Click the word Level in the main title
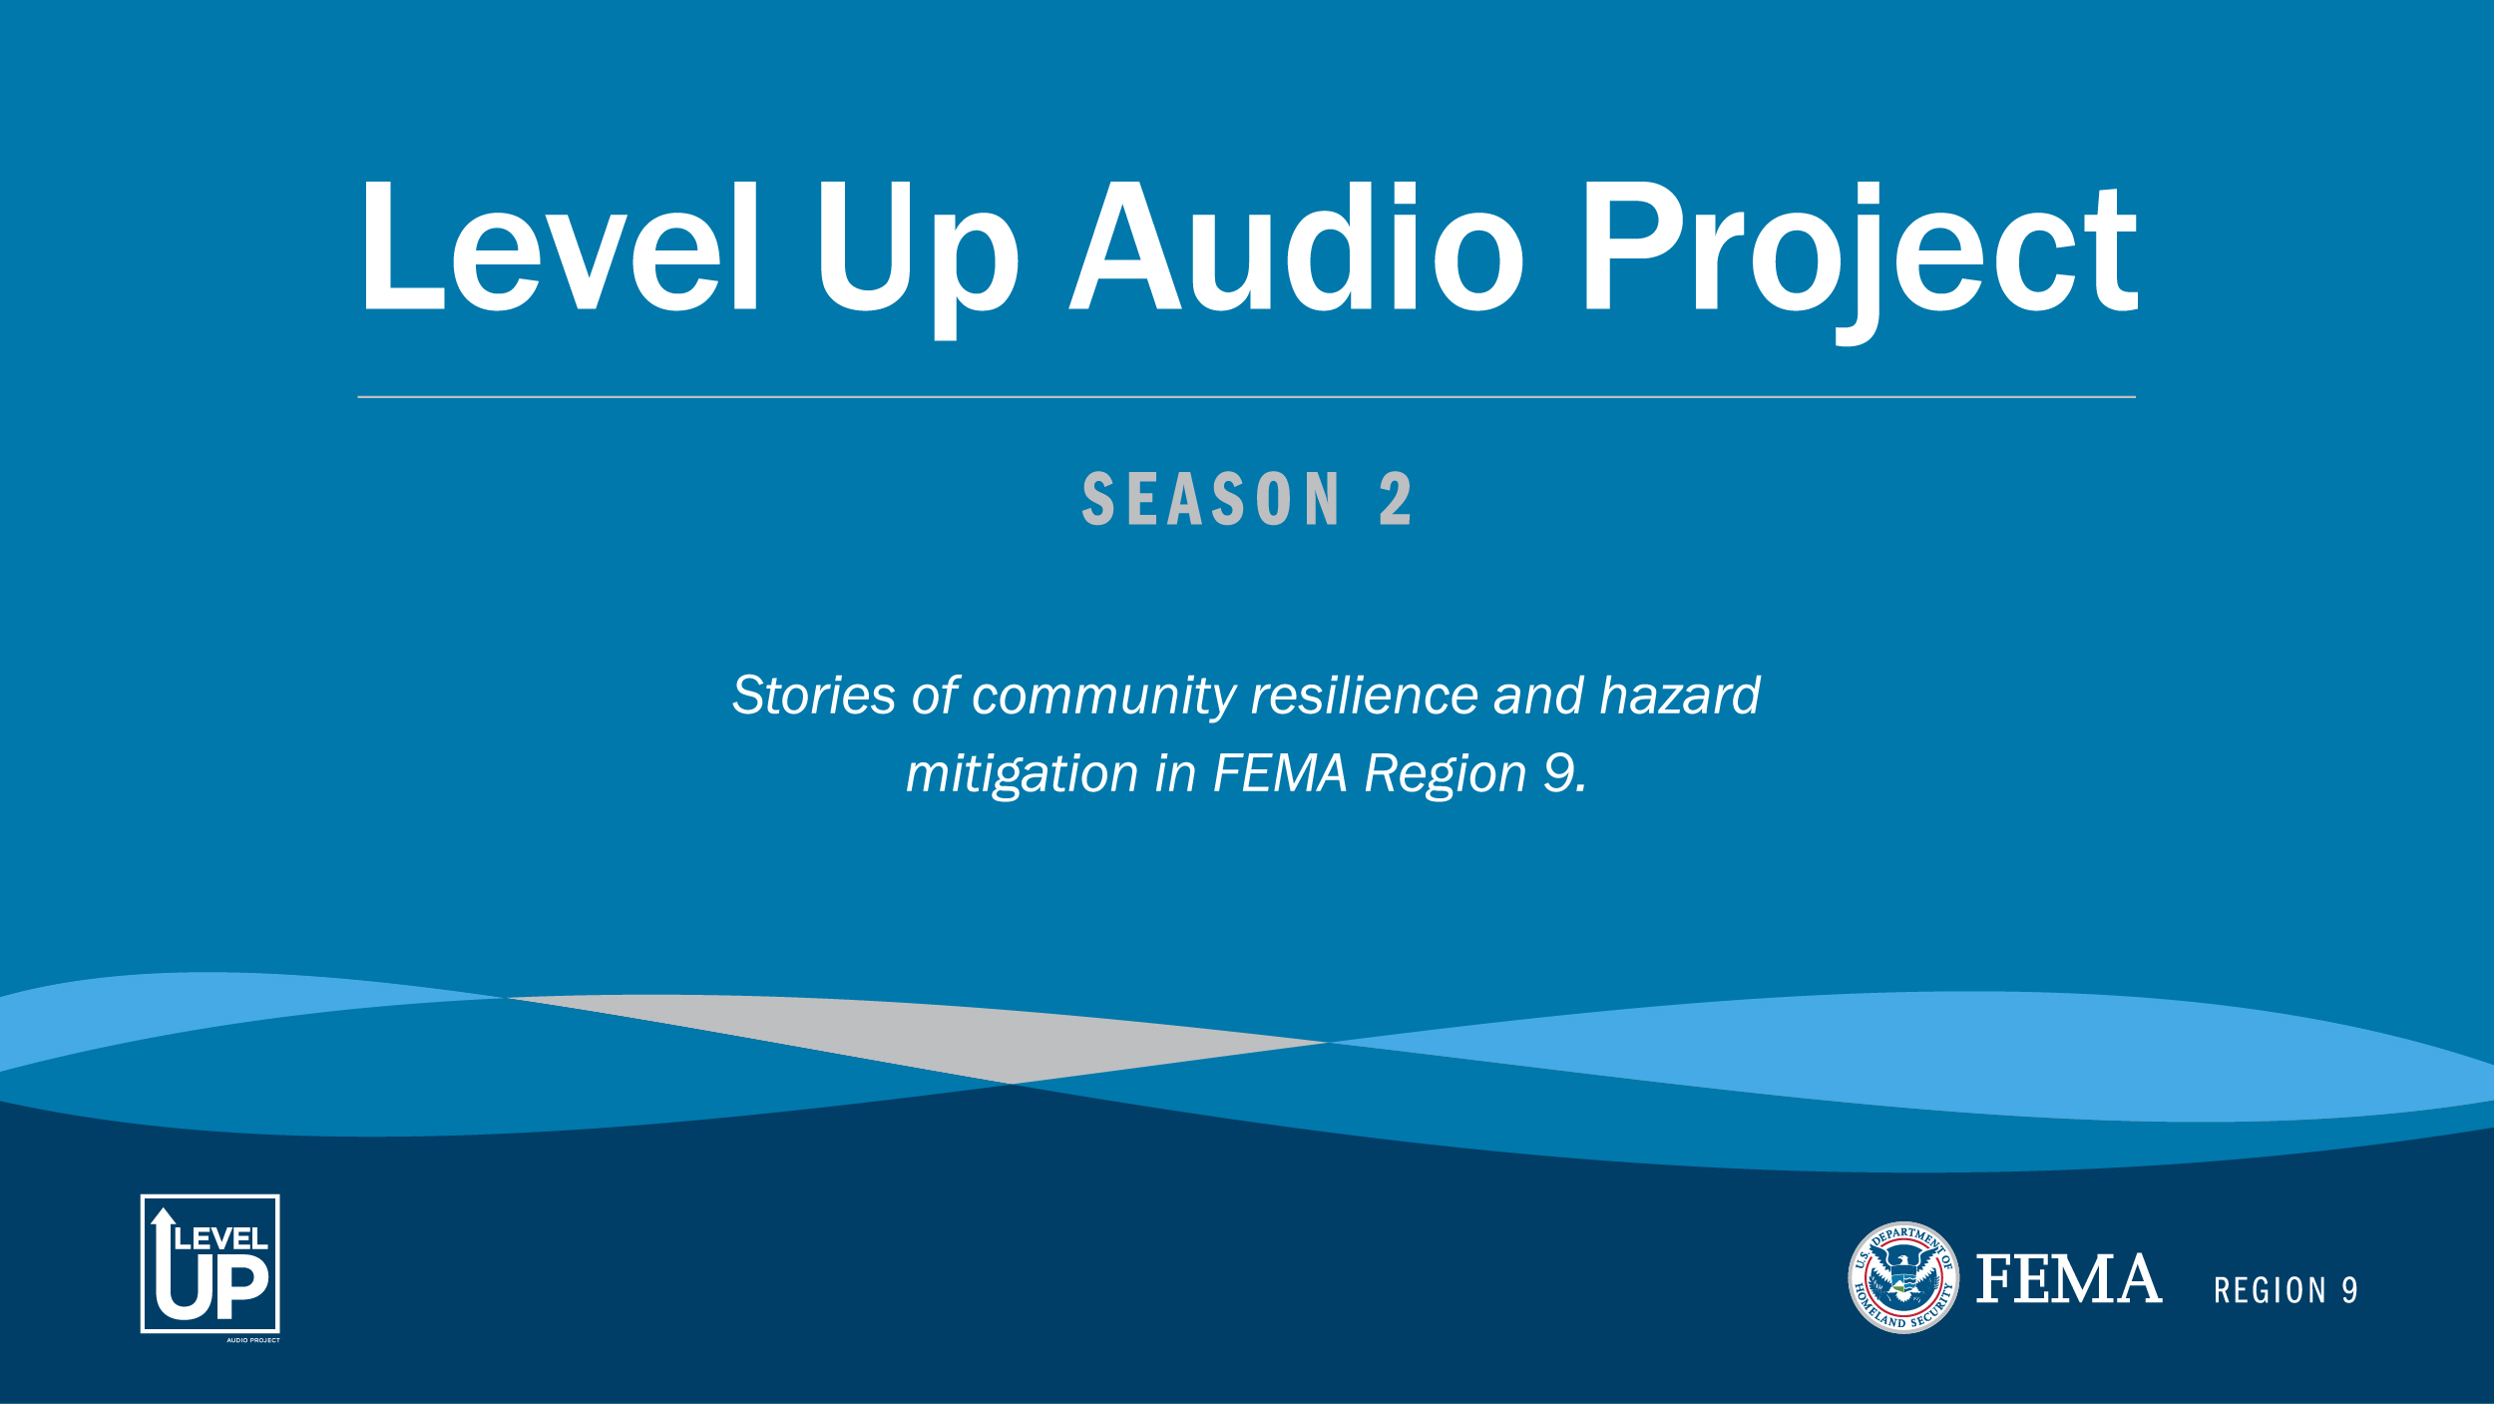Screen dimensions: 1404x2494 (560, 246)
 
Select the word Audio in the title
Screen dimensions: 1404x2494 (1296, 246)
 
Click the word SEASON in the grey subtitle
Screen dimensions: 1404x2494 (1211, 499)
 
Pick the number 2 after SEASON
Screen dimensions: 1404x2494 (1396, 499)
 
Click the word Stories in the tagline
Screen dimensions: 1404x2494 (813, 696)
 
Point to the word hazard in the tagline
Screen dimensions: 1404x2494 (1680, 696)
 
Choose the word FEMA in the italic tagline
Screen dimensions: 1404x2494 (1280, 773)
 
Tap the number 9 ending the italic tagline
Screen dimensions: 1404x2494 (1559, 773)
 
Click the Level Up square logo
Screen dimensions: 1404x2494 (210, 1263)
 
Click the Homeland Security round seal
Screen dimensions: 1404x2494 (1903, 1277)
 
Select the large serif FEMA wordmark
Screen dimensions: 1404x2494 (2069, 1279)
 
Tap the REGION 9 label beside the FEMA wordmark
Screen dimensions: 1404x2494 (2286, 1290)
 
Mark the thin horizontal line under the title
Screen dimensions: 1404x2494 (1246, 397)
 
